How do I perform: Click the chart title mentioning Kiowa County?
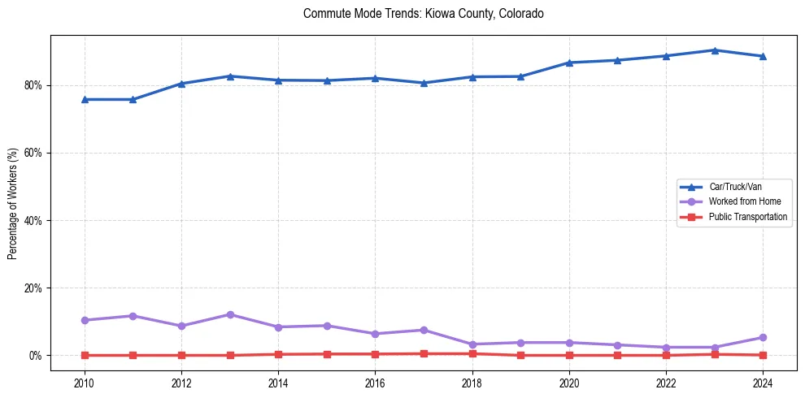coord(423,14)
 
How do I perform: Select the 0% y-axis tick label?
coord(35,356)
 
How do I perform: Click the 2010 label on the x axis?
coord(85,382)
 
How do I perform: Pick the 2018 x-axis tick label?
coord(472,382)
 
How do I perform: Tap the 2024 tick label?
coord(764,382)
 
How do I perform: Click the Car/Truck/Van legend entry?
coord(735,187)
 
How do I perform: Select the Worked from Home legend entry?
coord(740,201)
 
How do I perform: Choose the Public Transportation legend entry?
coord(747,217)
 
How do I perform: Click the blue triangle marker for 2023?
coord(715,50)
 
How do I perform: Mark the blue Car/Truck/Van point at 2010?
coord(85,99)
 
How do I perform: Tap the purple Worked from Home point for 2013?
coord(230,314)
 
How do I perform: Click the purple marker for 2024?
coord(764,337)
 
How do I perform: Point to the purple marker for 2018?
coord(472,344)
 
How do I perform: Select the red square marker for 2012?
coord(181,355)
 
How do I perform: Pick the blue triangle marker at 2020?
coord(569,63)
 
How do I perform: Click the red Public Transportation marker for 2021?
coord(618,355)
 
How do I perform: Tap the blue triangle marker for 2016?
coord(376,78)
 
